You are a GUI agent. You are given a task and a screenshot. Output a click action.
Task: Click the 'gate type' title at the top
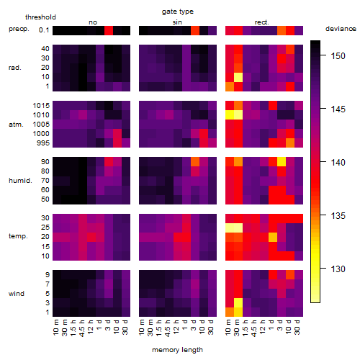[178, 12]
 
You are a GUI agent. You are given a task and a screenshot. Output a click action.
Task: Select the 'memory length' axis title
[177, 350]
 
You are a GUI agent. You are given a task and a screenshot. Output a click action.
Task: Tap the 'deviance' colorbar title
[341, 29]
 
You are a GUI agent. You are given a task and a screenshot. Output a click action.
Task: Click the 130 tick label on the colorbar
[338, 269]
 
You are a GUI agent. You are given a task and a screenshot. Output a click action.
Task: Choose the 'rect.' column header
[262, 22]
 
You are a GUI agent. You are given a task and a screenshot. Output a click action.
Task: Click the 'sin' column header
[177, 22]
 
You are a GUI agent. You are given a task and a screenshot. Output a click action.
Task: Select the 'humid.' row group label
[20, 181]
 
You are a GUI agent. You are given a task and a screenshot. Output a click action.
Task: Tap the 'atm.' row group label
[16, 125]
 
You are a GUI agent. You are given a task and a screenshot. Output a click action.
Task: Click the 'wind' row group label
[17, 294]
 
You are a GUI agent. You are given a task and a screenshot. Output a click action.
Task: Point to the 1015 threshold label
[41, 106]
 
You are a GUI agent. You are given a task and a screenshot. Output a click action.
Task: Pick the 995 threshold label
[43, 143]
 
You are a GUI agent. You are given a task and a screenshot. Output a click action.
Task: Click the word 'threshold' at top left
[40, 17]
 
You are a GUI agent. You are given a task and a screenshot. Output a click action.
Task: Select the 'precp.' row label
[19, 29]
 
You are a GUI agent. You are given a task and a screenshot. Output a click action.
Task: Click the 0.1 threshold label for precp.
[44, 30]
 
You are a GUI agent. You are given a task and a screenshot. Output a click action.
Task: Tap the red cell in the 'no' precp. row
[109, 30]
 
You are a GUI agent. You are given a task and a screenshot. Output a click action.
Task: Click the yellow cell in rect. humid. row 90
[282, 161]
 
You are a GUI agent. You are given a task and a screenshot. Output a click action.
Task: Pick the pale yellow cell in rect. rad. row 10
[238, 77]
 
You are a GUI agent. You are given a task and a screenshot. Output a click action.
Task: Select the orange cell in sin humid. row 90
[195, 161]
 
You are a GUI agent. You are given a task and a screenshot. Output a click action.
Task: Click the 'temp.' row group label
[18, 236]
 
